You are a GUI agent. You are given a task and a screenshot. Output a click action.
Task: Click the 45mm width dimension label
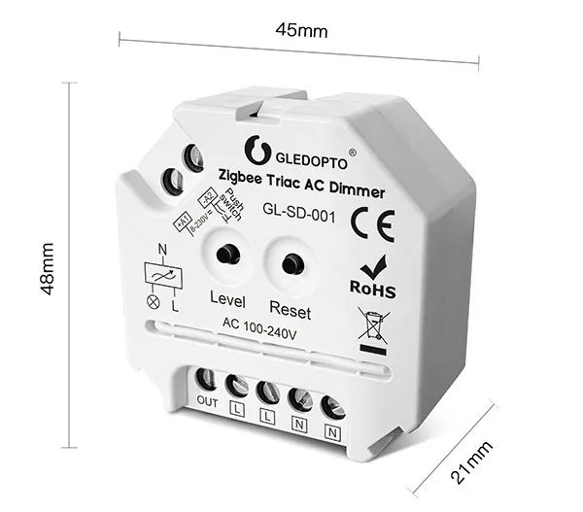[x=301, y=29]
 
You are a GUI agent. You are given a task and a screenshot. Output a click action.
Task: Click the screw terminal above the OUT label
[x=206, y=379]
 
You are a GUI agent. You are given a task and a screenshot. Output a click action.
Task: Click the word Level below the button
[x=228, y=299]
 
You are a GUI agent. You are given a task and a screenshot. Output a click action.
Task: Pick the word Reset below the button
[x=290, y=311]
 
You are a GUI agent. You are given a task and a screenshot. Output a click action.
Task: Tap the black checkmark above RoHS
[x=370, y=264]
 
